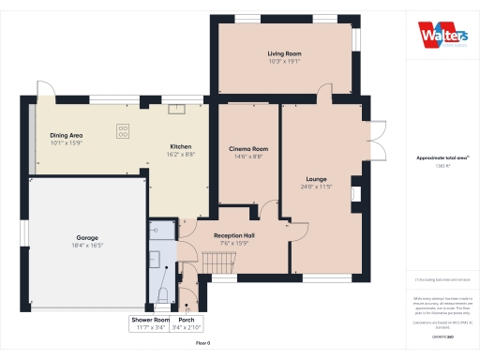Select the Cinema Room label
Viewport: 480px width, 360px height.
pos(248,149)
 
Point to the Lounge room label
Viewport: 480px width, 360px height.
pos(317,177)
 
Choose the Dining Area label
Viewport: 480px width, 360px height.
pos(67,135)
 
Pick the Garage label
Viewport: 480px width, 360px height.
pos(88,237)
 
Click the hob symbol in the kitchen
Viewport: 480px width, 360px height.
pos(123,130)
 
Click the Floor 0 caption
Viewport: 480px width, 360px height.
pos(202,343)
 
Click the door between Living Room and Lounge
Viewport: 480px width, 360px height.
pos(323,95)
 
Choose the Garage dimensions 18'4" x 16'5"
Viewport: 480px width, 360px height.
pos(88,246)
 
